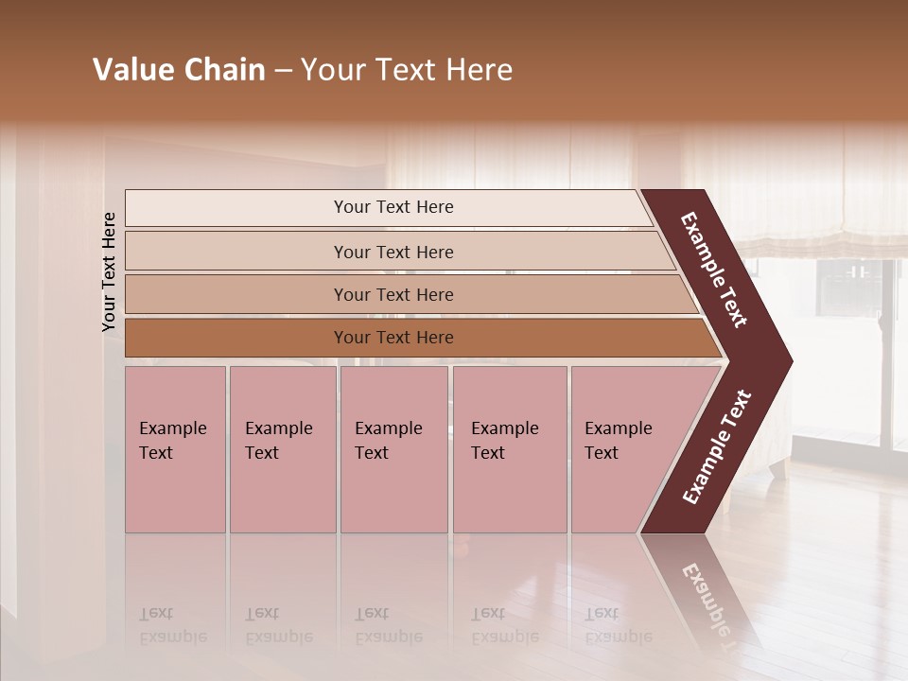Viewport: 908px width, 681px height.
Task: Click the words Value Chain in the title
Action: tap(179, 70)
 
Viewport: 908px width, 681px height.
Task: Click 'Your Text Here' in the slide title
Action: tap(407, 70)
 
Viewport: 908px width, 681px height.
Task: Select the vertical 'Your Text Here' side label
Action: tap(109, 271)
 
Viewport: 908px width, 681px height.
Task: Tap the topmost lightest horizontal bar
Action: tap(393, 207)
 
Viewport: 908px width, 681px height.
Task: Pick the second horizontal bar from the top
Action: tap(393, 252)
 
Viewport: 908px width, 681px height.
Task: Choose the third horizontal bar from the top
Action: tap(393, 294)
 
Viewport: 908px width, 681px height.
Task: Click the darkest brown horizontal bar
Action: tap(393, 338)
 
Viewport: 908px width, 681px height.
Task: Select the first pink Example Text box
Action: tap(175, 449)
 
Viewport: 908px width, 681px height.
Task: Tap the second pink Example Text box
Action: tap(282, 449)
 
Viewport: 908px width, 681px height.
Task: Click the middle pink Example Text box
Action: tap(393, 449)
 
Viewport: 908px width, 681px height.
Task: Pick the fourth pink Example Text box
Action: tap(509, 449)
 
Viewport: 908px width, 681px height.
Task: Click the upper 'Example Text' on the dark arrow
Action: tap(715, 271)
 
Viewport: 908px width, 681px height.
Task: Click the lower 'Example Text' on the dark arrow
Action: tap(717, 446)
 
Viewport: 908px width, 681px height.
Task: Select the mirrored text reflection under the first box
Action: tap(172, 625)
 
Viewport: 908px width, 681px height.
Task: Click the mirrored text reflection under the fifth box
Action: tap(618, 625)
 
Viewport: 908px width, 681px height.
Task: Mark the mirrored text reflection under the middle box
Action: tap(388, 625)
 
